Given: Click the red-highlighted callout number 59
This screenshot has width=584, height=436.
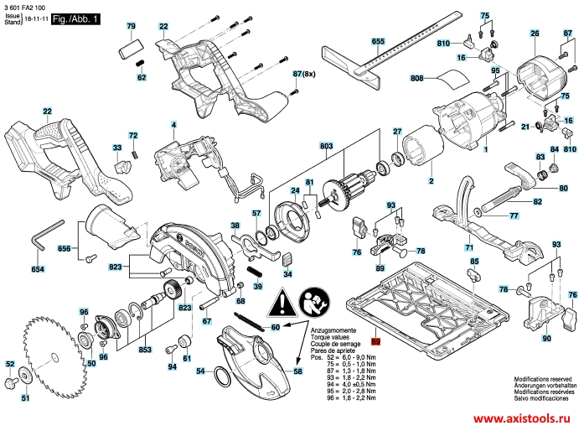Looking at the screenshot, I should click(376, 342).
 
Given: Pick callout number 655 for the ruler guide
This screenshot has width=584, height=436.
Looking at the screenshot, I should click(378, 41).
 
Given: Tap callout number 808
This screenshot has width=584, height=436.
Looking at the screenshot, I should click(417, 79).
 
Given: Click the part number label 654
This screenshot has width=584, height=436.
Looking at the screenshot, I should click(38, 269).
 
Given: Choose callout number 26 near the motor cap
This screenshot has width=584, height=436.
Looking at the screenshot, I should click(535, 34).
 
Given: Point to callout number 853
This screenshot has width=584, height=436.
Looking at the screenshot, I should click(144, 350).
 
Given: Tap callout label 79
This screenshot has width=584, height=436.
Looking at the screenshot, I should click(131, 27).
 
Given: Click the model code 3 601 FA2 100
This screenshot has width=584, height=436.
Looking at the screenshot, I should click(26, 7).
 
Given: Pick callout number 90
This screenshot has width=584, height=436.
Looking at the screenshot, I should click(545, 339).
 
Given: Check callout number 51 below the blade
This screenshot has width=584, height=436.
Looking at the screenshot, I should click(25, 398).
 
